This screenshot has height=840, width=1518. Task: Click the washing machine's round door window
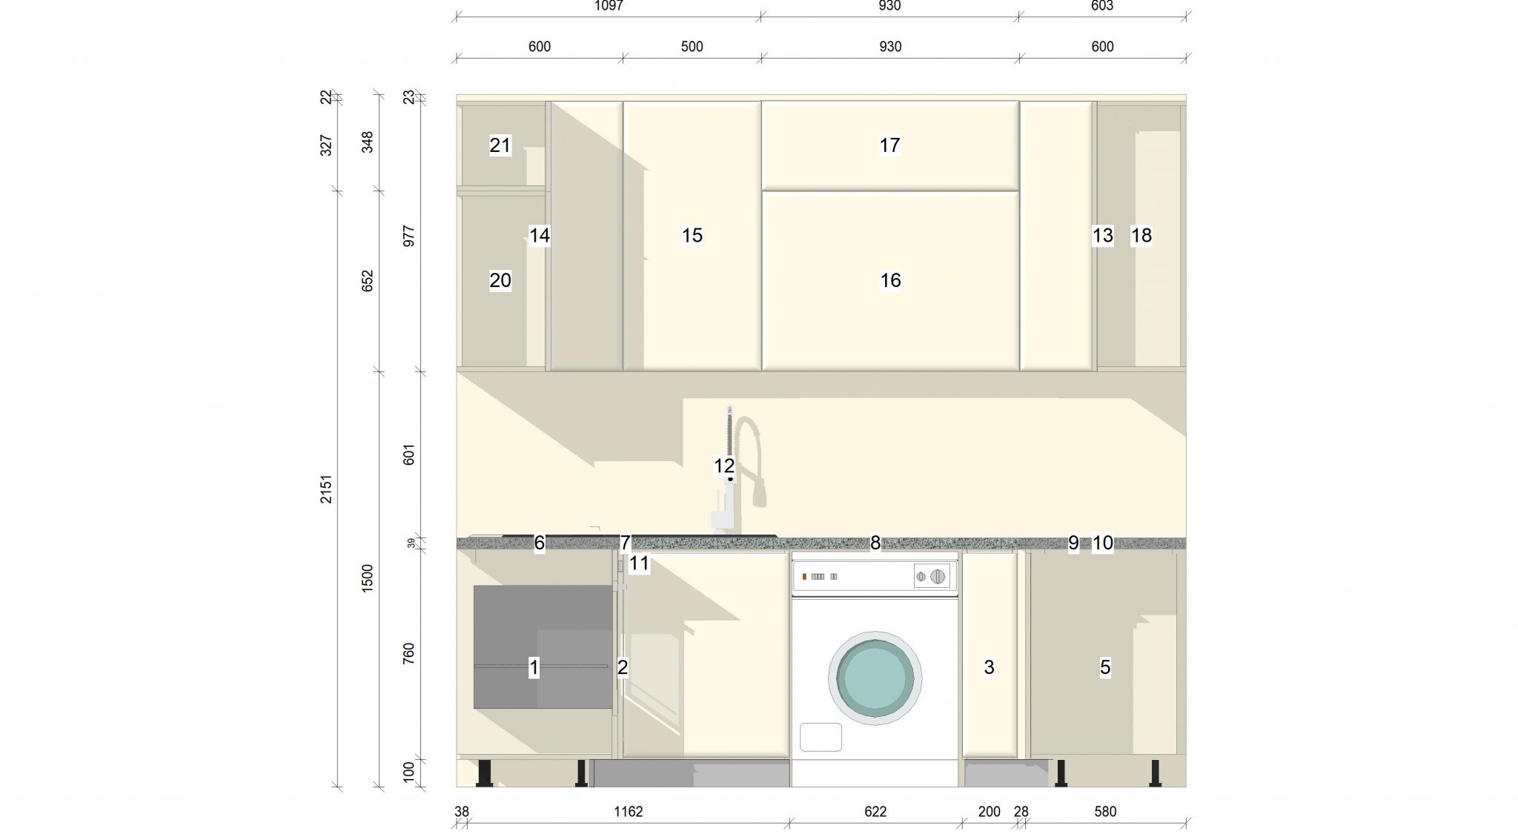(875, 678)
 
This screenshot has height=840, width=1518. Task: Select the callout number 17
(889, 145)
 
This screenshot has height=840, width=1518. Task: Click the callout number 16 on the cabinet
(890, 280)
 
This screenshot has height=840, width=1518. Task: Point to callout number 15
(692, 236)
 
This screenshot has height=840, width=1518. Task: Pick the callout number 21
(500, 145)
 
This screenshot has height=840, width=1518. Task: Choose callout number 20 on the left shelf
(500, 280)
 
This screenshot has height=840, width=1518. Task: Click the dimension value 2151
(326, 489)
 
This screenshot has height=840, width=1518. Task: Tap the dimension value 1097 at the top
(609, 6)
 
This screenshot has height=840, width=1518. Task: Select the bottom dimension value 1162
(628, 812)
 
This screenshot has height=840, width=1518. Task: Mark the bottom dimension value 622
(875, 812)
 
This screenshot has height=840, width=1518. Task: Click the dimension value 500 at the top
(692, 47)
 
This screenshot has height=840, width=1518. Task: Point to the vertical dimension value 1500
(368, 578)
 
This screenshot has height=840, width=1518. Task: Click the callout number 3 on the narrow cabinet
(989, 667)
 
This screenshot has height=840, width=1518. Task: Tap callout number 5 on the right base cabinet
(1104, 667)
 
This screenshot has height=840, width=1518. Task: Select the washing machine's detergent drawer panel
(821, 737)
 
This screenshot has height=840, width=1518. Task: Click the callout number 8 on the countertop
(875, 543)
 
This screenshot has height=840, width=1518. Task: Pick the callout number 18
(1141, 236)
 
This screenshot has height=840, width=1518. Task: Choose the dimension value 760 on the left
(408, 654)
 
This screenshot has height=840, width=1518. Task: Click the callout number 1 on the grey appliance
(534, 667)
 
